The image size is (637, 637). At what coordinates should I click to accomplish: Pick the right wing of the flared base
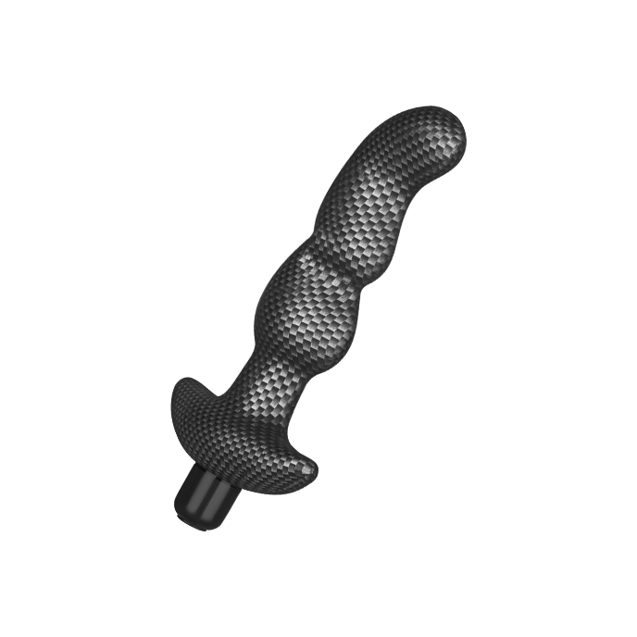click(296, 459)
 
